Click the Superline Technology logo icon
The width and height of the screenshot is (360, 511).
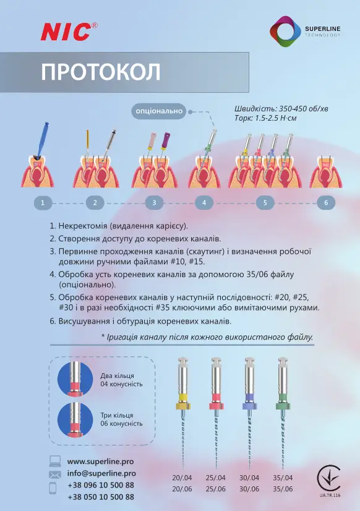(285, 32)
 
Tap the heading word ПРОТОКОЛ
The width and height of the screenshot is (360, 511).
(101, 72)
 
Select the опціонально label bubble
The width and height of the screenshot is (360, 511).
(159, 111)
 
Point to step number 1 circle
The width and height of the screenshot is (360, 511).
(43, 203)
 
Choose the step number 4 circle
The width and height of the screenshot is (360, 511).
(204, 203)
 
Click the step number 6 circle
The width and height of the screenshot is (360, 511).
(326, 203)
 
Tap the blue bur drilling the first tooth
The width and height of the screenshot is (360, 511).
(43, 139)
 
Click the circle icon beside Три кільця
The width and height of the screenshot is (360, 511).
(75, 419)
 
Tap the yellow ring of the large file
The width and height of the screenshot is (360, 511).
(183, 397)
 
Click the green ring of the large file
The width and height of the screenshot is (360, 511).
(283, 397)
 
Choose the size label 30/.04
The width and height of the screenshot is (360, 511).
(249, 478)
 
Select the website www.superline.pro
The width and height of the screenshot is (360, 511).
(100, 462)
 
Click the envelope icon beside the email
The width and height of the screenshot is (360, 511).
(54, 474)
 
